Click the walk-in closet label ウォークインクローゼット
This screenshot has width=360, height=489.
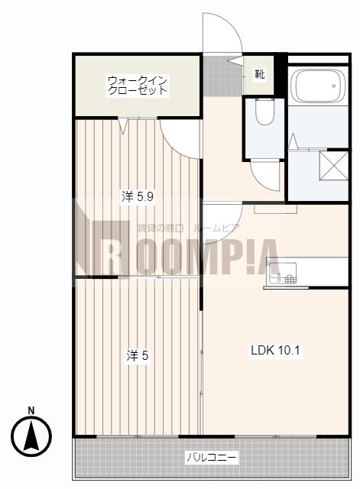coord(138,86)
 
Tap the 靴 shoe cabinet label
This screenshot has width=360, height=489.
coord(260,74)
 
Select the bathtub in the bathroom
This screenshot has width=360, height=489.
coord(318,86)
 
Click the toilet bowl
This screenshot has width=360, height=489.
coord(264,112)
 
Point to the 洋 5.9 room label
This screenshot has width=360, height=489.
coord(138,197)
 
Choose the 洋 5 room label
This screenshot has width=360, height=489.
coord(138,355)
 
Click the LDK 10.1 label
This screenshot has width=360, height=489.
coord(275,350)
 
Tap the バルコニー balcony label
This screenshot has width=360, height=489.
coord(212,458)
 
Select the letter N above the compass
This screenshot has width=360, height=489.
coord(31,411)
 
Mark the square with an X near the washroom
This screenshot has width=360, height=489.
coord(333,166)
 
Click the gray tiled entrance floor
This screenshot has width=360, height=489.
coord(222,76)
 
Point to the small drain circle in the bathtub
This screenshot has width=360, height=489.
coord(334,86)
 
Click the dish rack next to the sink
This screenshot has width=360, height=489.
coord(290,278)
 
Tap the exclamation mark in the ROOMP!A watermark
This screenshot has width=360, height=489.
coord(248,257)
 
